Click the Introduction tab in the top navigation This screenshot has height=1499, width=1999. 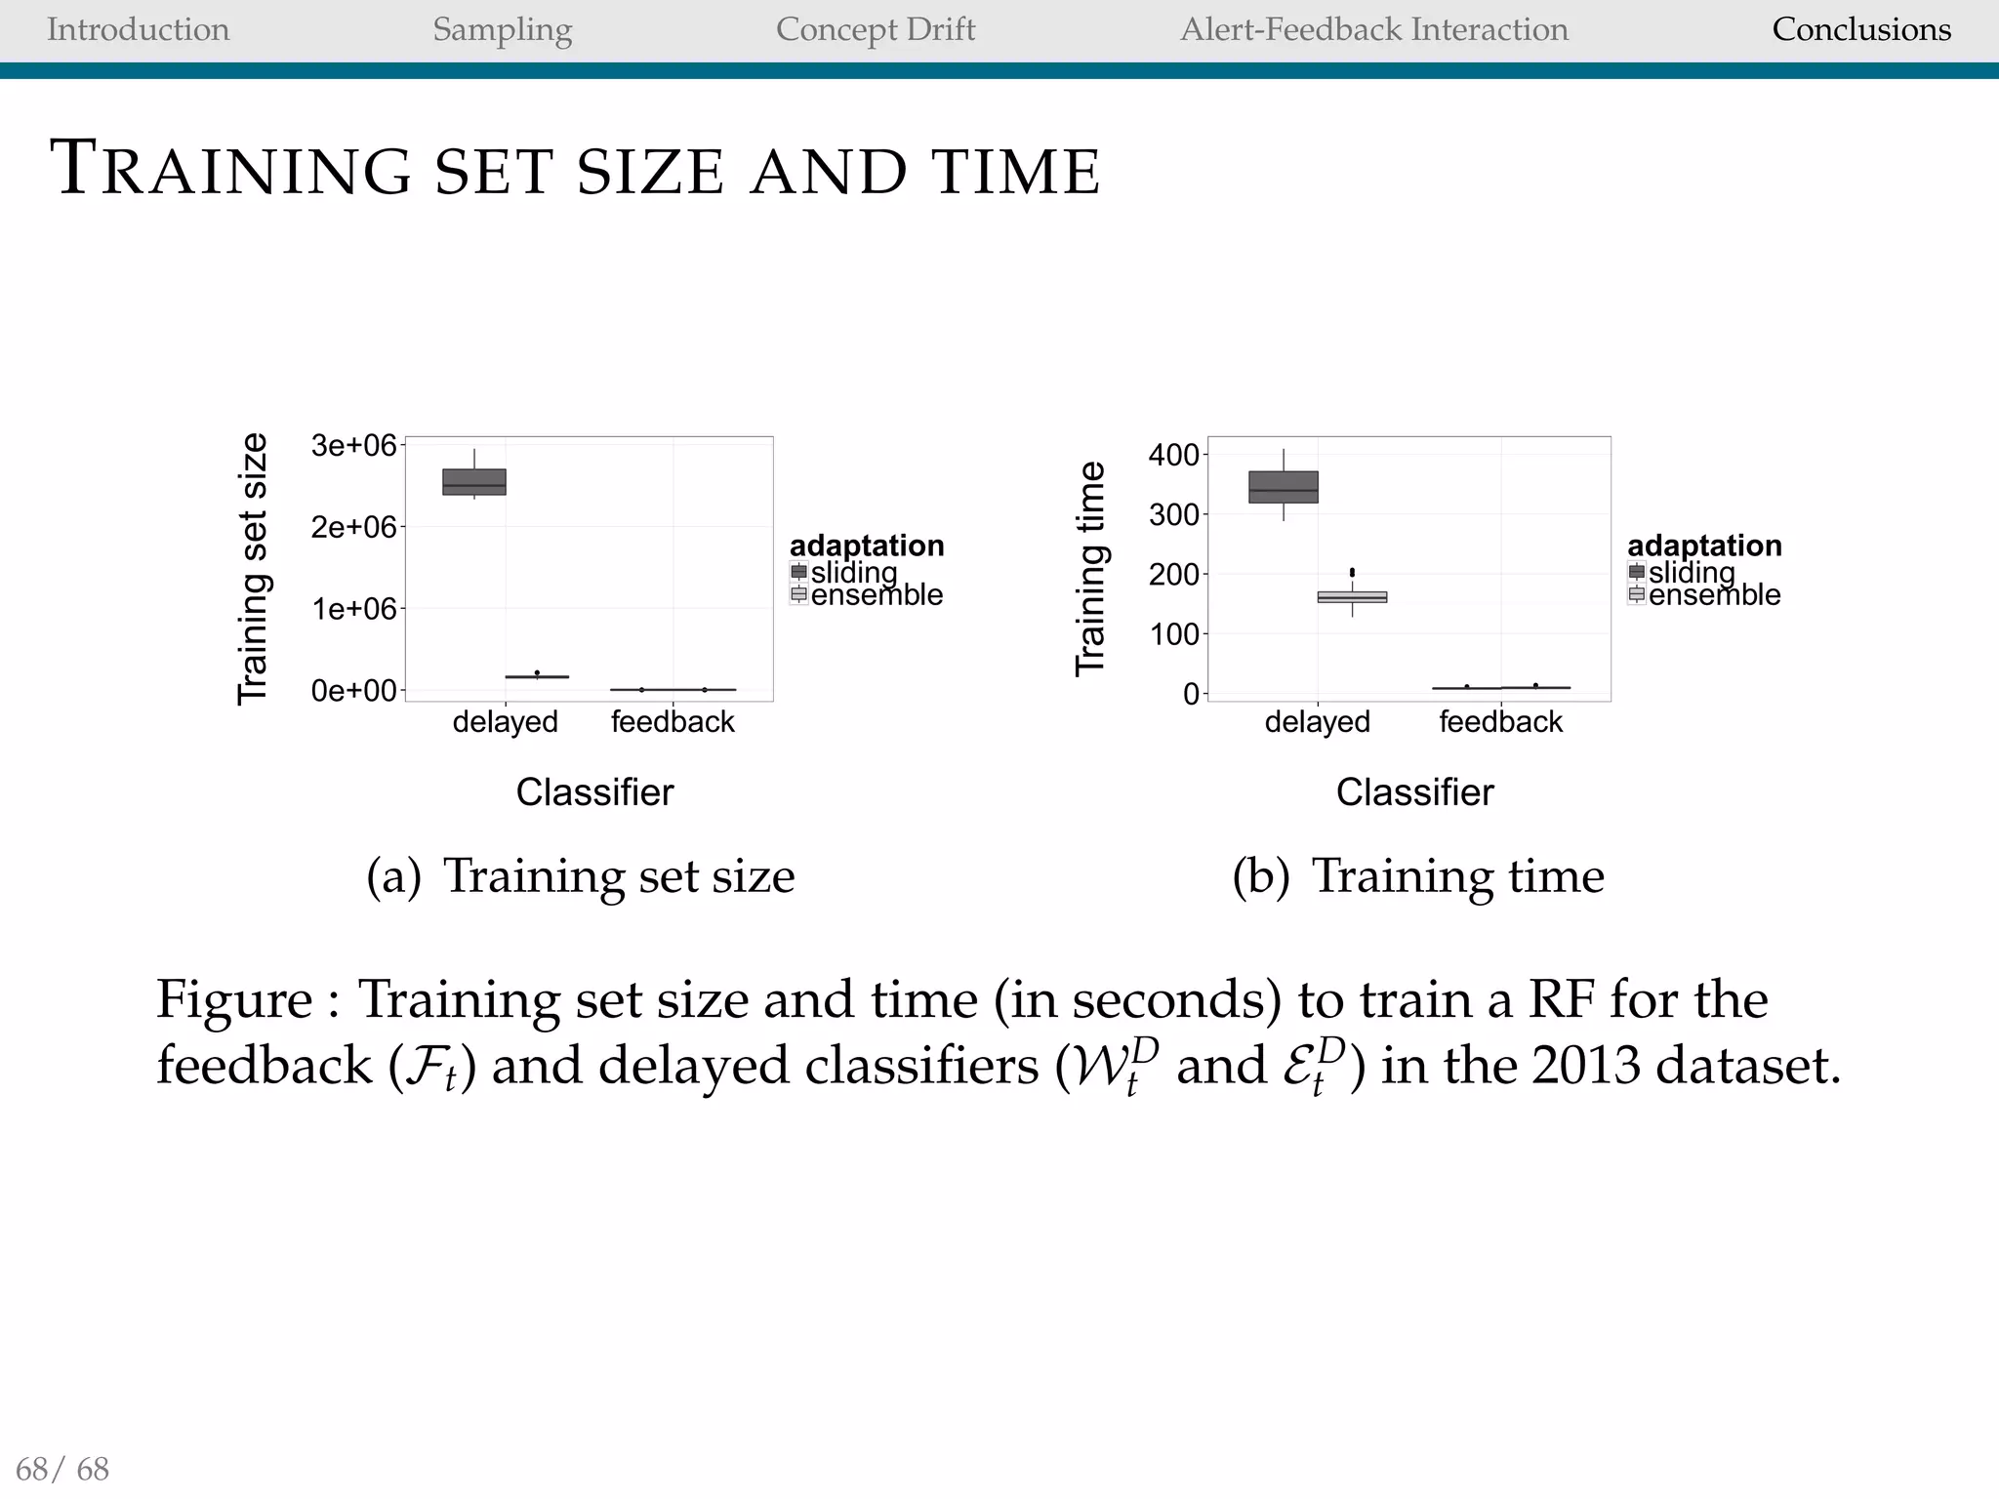tap(138, 29)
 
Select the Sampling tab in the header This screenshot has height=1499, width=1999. tap(502, 29)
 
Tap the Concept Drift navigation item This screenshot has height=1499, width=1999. tap(876, 29)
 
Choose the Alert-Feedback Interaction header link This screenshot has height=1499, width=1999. tap(1374, 29)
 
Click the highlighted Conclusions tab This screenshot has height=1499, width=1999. tap(1861, 29)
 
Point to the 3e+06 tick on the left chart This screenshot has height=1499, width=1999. tap(353, 446)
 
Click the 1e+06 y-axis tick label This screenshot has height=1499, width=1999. tap(353, 609)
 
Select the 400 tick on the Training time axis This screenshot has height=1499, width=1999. tap(1173, 455)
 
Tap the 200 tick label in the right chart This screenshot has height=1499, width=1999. tap(1173, 574)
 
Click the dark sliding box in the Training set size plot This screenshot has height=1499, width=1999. tap(474, 482)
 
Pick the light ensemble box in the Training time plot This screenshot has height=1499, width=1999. tap(1352, 596)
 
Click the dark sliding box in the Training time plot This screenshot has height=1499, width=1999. tap(1284, 487)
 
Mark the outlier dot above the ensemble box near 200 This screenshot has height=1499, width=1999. tap(1352, 572)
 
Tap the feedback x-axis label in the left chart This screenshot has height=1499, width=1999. tap(673, 722)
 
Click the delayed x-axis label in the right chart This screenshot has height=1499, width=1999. tap(1318, 722)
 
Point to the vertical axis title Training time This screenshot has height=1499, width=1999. tap(1090, 568)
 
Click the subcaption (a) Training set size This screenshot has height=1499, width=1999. tap(581, 875)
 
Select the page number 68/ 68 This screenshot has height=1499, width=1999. tap(63, 1468)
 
